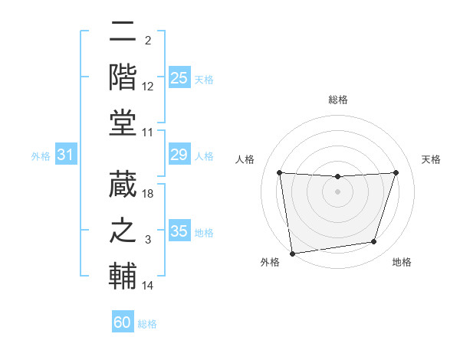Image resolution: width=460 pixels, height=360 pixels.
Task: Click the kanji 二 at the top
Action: point(123,33)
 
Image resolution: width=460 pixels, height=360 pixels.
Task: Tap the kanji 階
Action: point(123,77)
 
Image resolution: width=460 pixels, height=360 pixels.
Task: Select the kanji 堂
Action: point(123,120)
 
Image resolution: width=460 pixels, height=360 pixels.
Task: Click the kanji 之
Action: point(123,229)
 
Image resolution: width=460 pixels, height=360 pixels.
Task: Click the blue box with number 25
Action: point(179,77)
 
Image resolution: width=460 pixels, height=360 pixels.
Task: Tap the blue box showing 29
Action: point(179,155)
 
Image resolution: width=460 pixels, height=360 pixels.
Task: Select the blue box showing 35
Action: point(179,231)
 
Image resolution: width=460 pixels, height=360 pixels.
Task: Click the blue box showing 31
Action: point(66,155)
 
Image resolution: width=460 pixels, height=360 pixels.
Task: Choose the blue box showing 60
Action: point(123,322)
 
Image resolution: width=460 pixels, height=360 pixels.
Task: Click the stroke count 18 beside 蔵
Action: point(149,194)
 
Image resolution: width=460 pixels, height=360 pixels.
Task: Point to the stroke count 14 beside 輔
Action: point(149,286)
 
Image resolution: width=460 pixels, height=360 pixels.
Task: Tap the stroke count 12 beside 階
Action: point(149,87)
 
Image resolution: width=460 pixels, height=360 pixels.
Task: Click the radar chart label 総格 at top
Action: point(337,100)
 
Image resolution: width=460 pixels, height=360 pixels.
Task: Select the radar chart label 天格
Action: point(432,159)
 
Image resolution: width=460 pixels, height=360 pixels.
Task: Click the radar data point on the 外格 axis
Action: point(292,253)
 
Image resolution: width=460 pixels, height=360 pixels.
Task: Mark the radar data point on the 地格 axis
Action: point(374,242)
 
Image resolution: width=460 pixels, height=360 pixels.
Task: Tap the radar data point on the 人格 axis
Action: point(279,172)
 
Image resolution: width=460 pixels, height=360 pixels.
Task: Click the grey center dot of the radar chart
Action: point(337,191)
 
